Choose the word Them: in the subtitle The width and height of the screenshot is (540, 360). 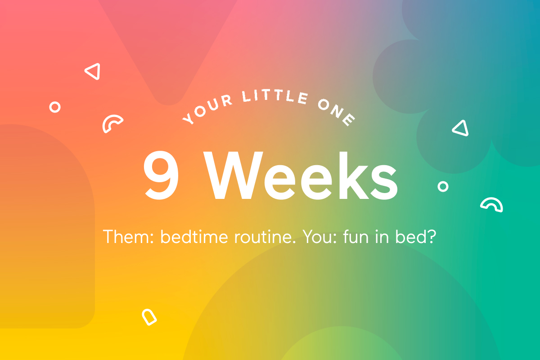tap(129, 237)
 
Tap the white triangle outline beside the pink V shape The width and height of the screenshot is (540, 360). tap(93, 72)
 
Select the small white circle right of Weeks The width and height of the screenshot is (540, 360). tap(443, 186)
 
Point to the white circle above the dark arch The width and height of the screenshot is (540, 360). tap(55, 107)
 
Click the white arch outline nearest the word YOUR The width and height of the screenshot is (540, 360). tap(112, 123)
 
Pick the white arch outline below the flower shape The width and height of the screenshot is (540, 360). tap(491, 205)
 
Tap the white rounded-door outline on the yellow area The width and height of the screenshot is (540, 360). tap(149, 317)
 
